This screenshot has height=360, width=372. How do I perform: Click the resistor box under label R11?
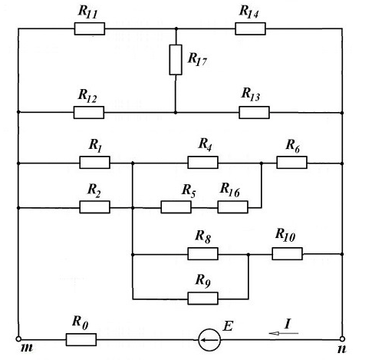[x=90, y=28]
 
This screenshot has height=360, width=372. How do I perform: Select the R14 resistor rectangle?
[x=250, y=28]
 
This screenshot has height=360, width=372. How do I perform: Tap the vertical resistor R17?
[x=176, y=60]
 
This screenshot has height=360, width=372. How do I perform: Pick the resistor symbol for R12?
[x=89, y=112]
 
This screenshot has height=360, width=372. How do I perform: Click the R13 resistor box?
[x=254, y=112]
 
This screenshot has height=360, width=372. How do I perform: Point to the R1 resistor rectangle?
[x=94, y=163]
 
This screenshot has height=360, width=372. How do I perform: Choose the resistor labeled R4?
[x=202, y=163]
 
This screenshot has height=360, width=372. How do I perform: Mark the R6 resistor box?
[x=291, y=163]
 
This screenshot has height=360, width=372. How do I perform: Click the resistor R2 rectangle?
[x=94, y=207]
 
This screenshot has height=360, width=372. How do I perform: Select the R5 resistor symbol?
[x=176, y=207]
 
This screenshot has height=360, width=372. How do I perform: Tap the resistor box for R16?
[x=232, y=207]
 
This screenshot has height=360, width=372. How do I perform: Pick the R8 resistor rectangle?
[x=202, y=254]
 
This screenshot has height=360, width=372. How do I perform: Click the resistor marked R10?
[x=287, y=254]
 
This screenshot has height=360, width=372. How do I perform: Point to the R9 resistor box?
[x=202, y=299]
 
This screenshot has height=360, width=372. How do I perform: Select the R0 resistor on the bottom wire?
[x=81, y=340]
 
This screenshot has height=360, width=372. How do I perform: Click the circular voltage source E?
[x=209, y=340]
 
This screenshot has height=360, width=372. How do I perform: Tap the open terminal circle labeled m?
[x=18, y=339]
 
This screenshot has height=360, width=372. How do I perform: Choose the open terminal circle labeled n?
[x=342, y=339]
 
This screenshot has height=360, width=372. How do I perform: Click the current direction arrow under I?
[x=284, y=333]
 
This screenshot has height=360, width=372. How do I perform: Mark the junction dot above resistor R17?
[x=176, y=28]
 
